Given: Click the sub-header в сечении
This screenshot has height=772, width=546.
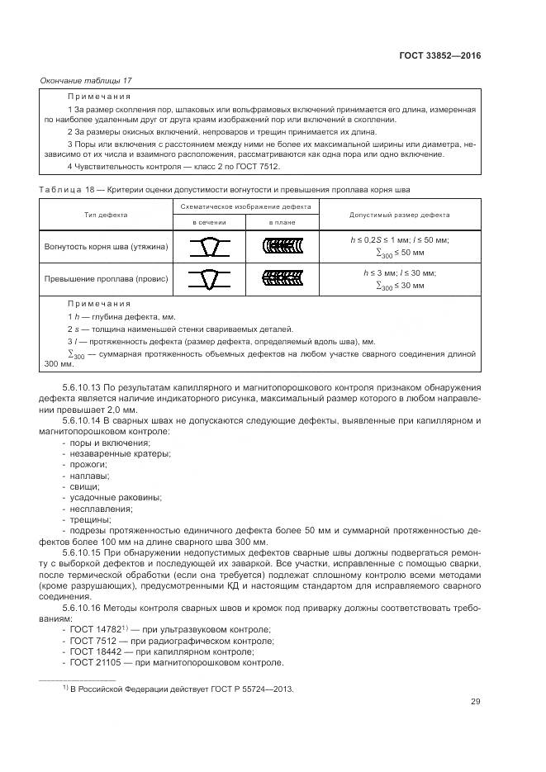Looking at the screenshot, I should (x=209, y=223).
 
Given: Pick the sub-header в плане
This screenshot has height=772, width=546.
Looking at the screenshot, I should (x=282, y=223).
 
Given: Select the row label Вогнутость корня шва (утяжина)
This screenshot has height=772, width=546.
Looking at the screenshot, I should (x=106, y=246).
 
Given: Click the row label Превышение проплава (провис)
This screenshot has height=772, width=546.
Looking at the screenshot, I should (x=103, y=278).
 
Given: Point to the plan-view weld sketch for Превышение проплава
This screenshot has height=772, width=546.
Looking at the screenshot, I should (x=282, y=278).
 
